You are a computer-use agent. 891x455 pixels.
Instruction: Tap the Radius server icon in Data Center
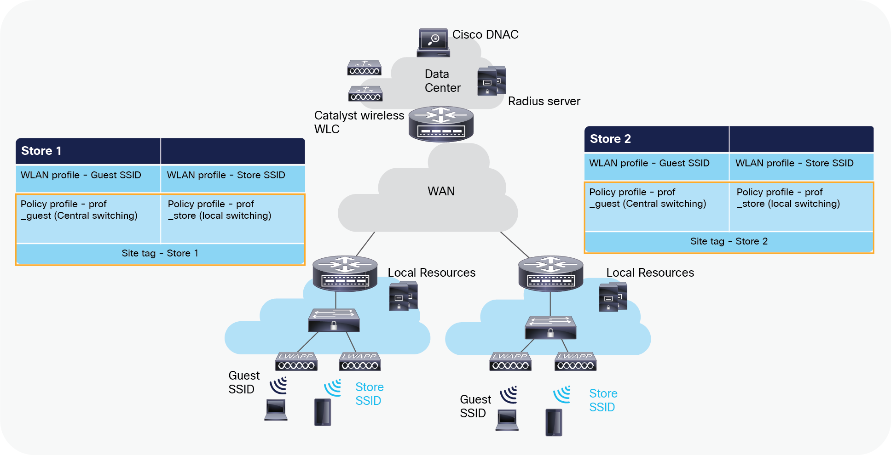pyautogui.click(x=492, y=81)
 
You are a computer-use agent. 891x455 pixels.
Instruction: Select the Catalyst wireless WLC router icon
pyautogui.click(x=441, y=124)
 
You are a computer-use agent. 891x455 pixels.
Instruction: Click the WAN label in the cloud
pyautogui.click(x=441, y=191)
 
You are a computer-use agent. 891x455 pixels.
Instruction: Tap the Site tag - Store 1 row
pyautogui.click(x=160, y=253)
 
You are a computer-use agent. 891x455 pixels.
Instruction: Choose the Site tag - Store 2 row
pyautogui.click(x=729, y=241)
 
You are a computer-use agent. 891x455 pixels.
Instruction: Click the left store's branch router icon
pyautogui.click(x=345, y=273)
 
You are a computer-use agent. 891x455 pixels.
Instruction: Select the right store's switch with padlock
pyautogui.click(x=550, y=327)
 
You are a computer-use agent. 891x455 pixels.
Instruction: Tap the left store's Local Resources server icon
pyautogui.click(x=403, y=296)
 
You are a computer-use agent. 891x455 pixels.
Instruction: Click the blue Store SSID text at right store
pyautogui.click(x=603, y=400)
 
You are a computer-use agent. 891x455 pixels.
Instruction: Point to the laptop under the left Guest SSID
pyautogui.click(x=276, y=409)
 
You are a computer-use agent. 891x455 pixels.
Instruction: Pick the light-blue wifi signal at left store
pyautogui.click(x=333, y=387)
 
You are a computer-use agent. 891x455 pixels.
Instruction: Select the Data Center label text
pyautogui.click(x=442, y=81)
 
